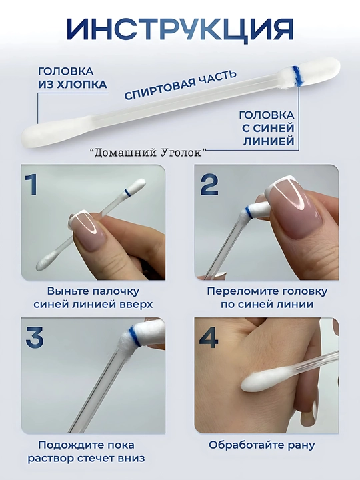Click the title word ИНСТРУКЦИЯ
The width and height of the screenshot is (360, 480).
tap(180, 29)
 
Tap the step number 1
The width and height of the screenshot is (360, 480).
tap(31, 184)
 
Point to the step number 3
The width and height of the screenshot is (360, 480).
tap(34, 337)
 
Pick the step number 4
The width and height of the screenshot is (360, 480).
tap(209, 337)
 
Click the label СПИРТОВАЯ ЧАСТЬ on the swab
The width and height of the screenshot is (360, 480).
tap(180, 85)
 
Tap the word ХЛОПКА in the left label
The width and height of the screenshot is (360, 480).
tap(82, 85)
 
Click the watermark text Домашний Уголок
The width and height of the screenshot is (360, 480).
tap(149, 153)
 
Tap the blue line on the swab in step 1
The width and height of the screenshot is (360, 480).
tap(127, 192)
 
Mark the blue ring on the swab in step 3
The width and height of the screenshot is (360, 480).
tap(135, 336)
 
